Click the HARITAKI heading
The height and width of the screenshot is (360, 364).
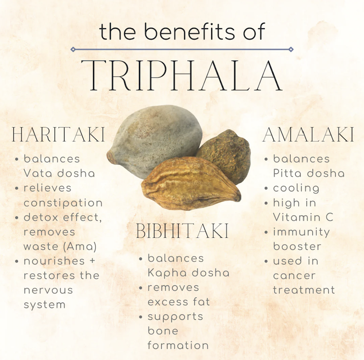pyautogui.click(x=58, y=134)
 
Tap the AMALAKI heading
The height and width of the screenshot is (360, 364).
pyautogui.click(x=308, y=134)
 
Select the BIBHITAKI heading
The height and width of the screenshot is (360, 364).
pyautogui.click(x=182, y=231)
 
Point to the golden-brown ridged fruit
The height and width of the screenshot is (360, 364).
pyautogui.click(x=191, y=184)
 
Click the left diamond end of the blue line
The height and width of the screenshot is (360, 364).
pyautogui.click(x=73, y=49)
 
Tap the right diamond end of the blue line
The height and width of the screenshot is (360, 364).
pyautogui.click(x=291, y=49)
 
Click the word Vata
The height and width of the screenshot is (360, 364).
pyautogui.click(x=38, y=173)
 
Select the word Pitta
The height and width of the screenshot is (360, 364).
pyautogui.click(x=287, y=173)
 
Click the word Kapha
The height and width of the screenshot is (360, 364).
pyautogui.click(x=167, y=273)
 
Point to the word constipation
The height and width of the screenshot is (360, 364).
pyautogui.click(x=63, y=203)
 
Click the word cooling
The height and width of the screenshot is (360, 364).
pyautogui.click(x=296, y=188)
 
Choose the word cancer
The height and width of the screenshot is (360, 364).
pyautogui.click(x=294, y=276)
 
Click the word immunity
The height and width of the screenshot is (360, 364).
pyautogui.click(x=302, y=232)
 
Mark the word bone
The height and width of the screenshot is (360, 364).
pyautogui.click(x=163, y=331)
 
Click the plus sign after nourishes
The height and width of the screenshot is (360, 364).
pyautogui.click(x=93, y=261)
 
